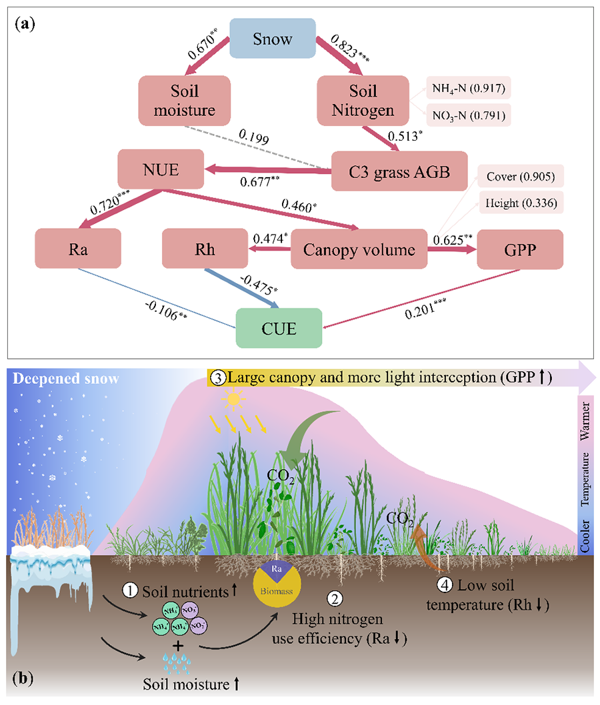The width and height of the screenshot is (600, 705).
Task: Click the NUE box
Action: (x=161, y=171)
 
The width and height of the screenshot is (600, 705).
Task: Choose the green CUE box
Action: (x=279, y=329)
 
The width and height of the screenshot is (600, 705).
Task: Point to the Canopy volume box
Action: (x=360, y=250)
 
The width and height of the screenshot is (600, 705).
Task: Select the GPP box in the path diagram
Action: (x=520, y=250)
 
